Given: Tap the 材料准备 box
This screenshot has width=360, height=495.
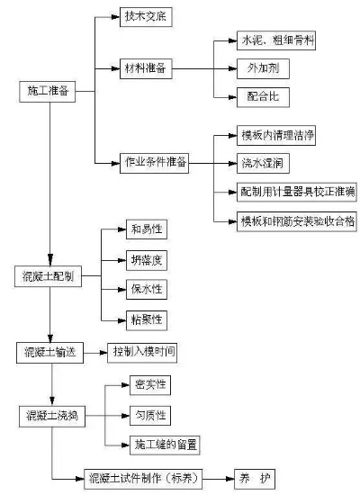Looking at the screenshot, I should point(146,68).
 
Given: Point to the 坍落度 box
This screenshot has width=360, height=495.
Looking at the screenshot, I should point(146,262).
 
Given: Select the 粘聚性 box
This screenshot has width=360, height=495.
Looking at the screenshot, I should point(146,319).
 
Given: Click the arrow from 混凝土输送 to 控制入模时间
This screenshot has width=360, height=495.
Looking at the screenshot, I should point(94,351).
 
